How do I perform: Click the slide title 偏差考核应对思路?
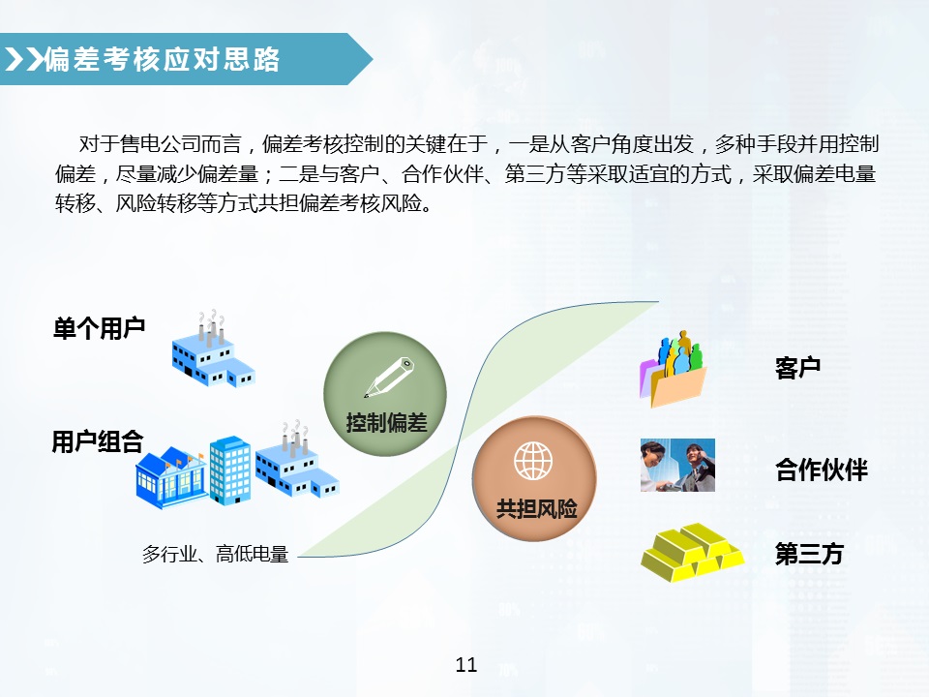[x=163, y=60]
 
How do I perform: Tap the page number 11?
[x=465, y=664]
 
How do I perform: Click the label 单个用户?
[x=99, y=327]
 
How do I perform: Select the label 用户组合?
[x=98, y=443]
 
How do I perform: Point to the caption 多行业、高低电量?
[x=215, y=555]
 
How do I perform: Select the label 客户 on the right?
[x=798, y=368]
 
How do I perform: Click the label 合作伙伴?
[x=821, y=471]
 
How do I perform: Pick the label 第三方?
[x=809, y=555]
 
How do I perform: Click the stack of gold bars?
[x=692, y=553]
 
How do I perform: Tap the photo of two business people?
[x=677, y=465]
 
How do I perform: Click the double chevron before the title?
[x=25, y=60]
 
